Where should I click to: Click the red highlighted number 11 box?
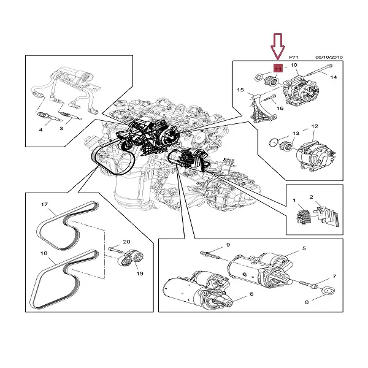click(277, 69)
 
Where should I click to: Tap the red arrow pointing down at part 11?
click(277, 46)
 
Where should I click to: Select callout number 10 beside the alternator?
click(293, 65)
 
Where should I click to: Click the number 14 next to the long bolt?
click(334, 77)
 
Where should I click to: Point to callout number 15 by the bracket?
click(241, 90)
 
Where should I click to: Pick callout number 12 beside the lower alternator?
click(314, 126)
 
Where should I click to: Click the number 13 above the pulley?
click(296, 133)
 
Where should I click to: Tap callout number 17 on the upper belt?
click(44, 204)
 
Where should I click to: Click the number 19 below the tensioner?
click(139, 274)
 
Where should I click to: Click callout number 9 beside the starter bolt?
click(228, 245)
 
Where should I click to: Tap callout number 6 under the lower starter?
click(251, 294)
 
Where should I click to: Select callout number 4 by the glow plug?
click(40, 129)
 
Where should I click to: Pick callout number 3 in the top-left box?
click(61, 129)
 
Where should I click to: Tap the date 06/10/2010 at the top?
click(329, 57)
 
